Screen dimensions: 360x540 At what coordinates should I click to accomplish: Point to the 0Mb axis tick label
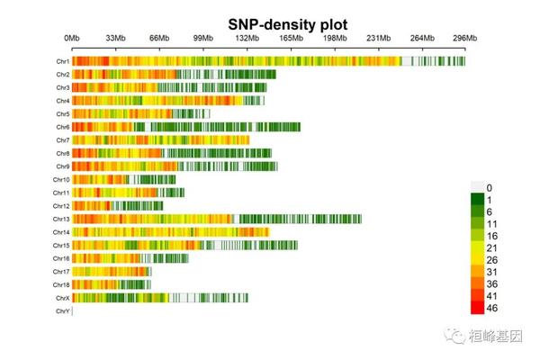(x=72, y=38)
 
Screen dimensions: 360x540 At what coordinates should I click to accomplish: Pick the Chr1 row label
(x=62, y=61)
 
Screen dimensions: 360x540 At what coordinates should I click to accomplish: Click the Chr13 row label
(x=61, y=219)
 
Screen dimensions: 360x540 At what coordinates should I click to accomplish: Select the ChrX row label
(x=62, y=298)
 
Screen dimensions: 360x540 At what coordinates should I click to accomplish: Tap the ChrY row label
(x=62, y=311)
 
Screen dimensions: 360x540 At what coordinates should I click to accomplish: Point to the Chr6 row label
(x=62, y=127)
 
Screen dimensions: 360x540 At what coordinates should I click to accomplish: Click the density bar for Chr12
(x=117, y=206)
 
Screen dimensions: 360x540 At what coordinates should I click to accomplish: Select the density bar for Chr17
(x=112, y=272)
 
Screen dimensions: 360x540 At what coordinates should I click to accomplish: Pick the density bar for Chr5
(x=140, y=114)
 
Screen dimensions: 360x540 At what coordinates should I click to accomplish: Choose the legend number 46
(x=492, y=309)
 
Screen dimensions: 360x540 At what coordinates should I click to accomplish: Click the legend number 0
(x=490, y=187)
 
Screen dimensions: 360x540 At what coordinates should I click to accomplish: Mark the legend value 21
(x=492, y=247)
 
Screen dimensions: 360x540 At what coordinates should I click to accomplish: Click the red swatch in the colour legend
(x=477, y=309)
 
